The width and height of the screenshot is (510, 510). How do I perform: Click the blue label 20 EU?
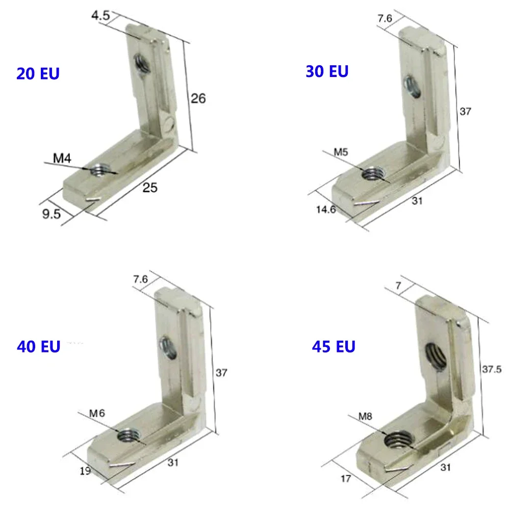[x=38, y=73]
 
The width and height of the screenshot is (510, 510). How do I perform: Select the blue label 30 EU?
[x=327, y=71]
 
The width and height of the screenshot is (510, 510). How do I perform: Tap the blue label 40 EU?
[x=38, y=347]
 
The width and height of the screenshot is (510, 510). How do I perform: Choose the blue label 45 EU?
[x=334, y=347]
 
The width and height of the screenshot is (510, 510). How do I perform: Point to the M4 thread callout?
[x=62, y=159]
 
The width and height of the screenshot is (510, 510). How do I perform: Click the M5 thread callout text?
[x=341, y=152]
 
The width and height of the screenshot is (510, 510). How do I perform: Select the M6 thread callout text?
[x=96, y=414]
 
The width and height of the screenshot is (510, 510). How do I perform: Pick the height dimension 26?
[x=198, y=98]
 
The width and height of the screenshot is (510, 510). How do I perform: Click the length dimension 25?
[x=149, y=188]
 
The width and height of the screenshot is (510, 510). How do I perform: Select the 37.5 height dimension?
[x=492, y=368]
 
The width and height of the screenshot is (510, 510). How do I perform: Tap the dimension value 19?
[x=86, y=471]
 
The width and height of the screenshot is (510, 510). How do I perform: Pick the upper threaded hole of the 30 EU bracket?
[x=412, y=85]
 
